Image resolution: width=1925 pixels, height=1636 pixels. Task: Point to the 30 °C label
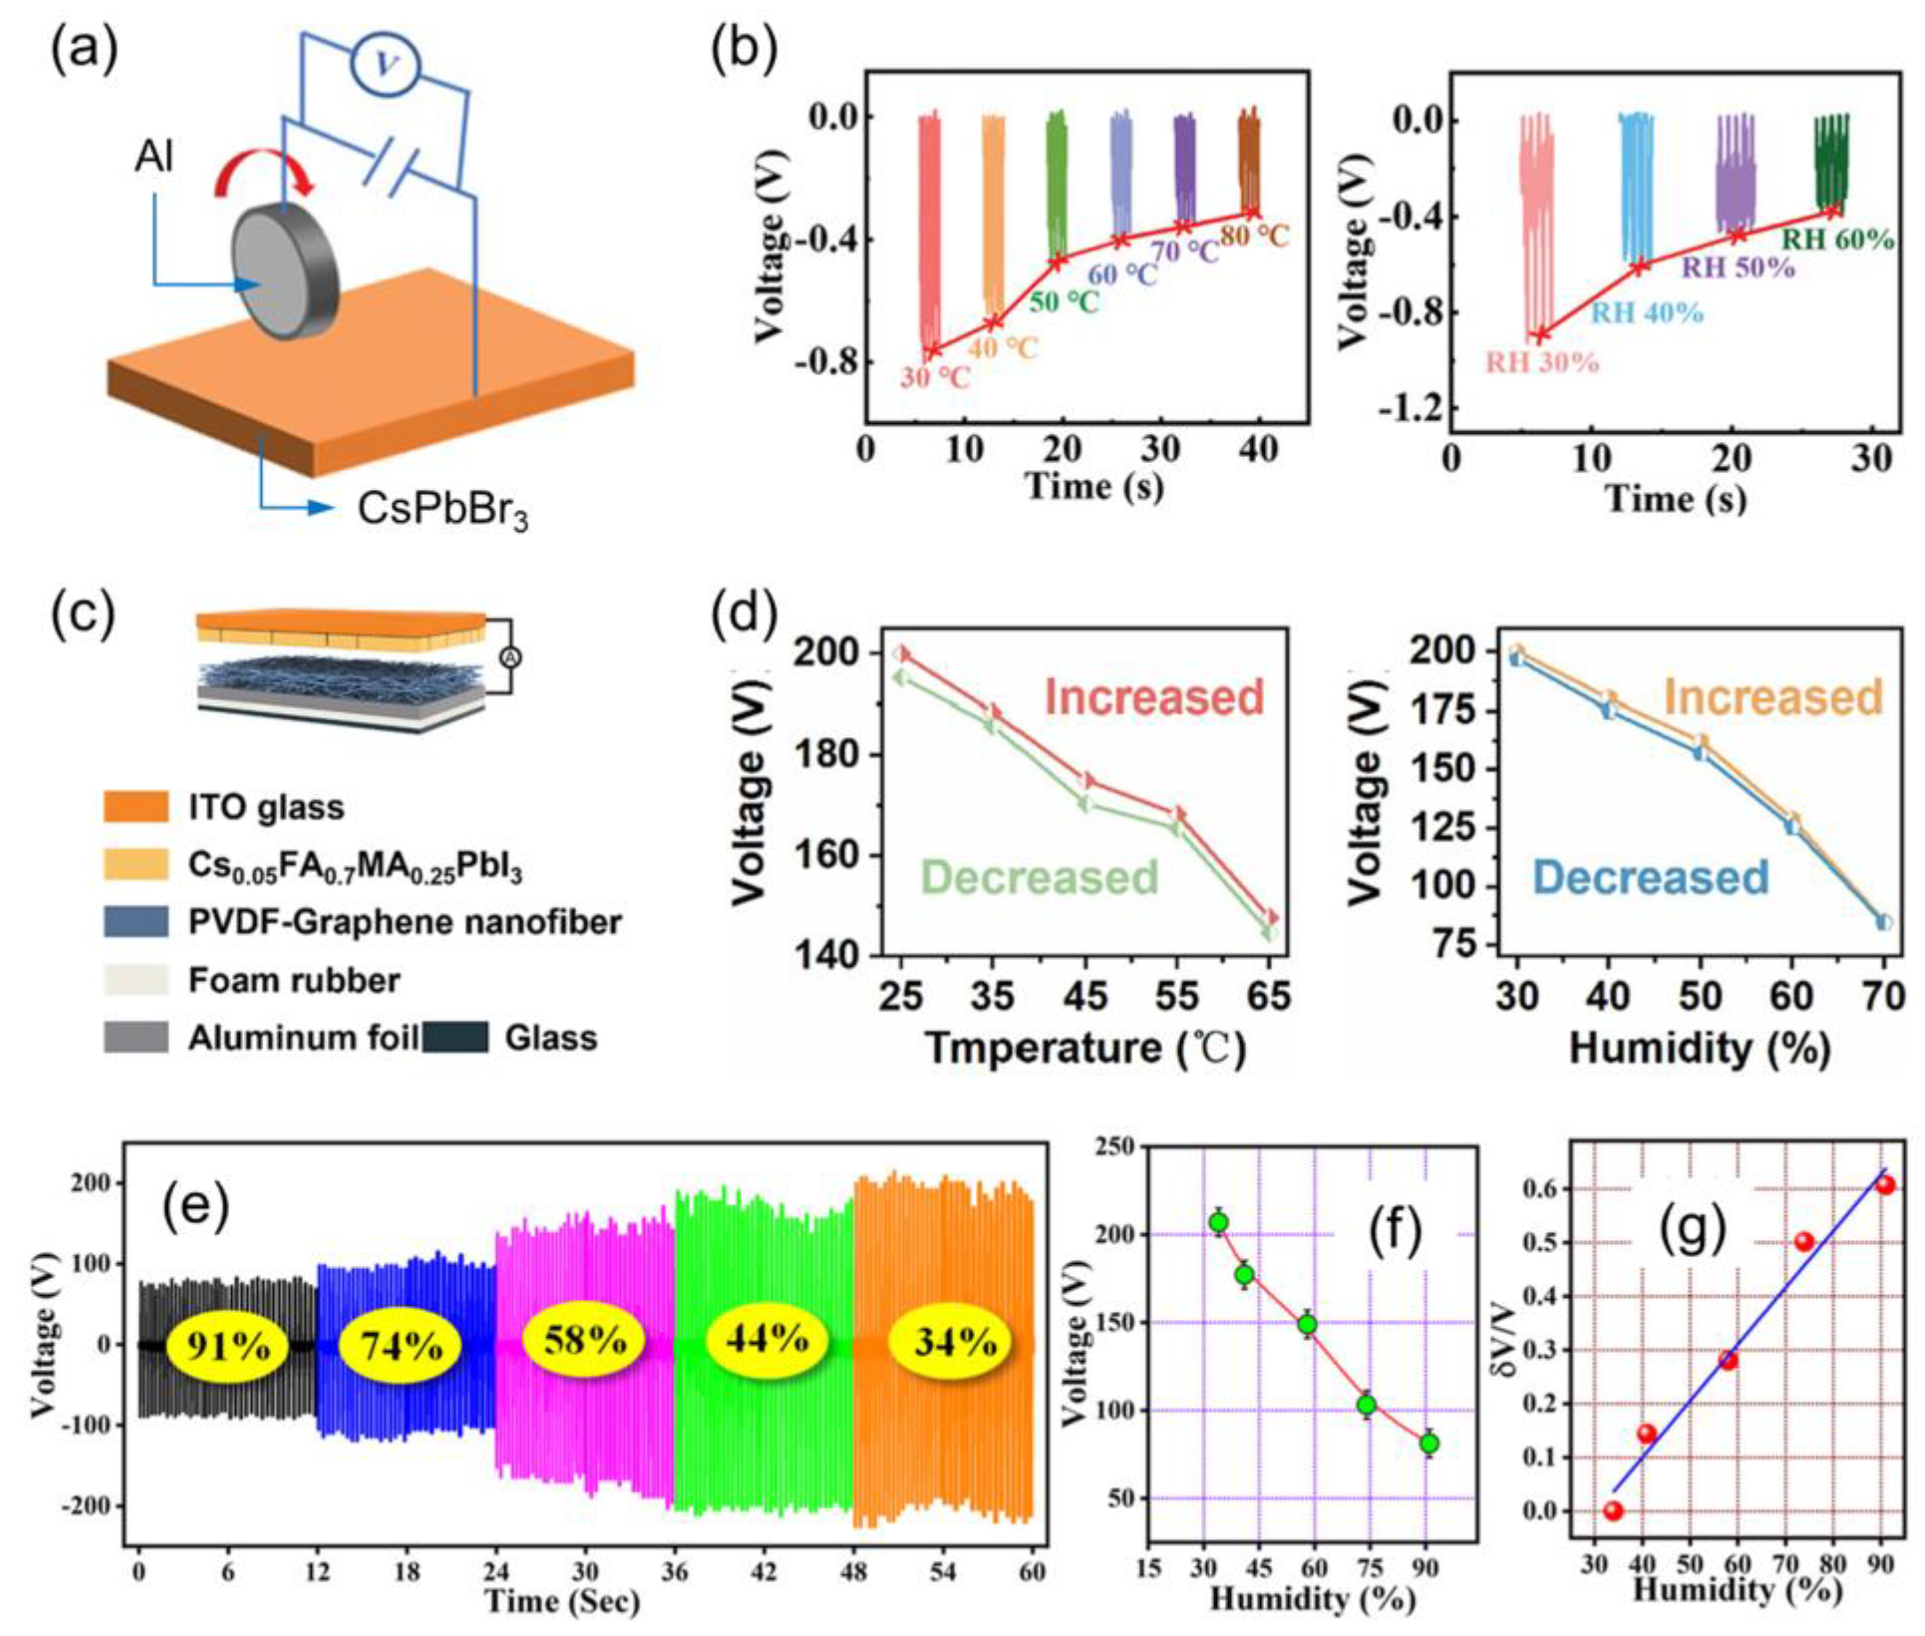(935, 378)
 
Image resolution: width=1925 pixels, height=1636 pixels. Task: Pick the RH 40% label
(1647, 312)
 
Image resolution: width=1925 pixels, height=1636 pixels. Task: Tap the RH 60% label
(1837, 239)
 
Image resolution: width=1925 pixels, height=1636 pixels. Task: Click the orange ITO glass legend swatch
(136, 806)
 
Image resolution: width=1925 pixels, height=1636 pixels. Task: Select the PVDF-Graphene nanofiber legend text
(405, 922)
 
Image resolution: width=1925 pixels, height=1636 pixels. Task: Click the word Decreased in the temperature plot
(1040, 876)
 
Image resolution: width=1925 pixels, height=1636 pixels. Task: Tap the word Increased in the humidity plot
(1773, 696)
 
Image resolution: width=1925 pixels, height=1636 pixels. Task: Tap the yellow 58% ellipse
(583, 1341)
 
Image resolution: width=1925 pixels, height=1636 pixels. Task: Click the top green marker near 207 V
(1218, 1223)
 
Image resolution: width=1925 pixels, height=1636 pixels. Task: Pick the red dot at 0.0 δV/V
(1613, 1511)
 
